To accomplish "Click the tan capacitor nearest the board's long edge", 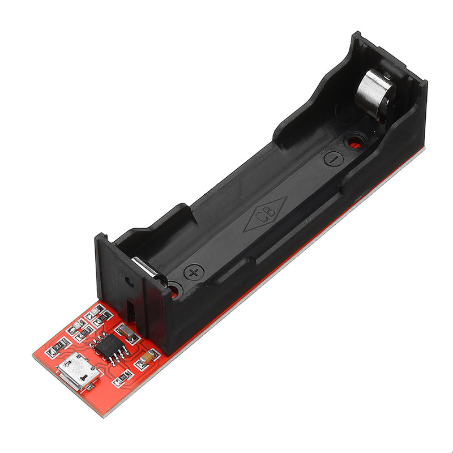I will pyautogui.click(x=147, y=357).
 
